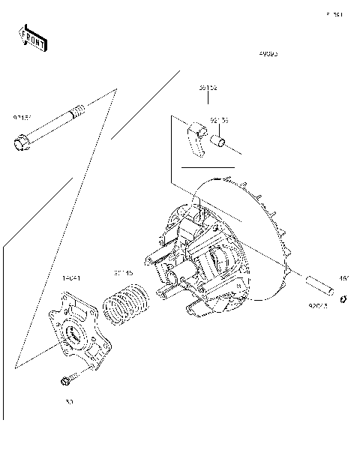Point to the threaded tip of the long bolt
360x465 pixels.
click(77, 114)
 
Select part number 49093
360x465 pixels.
click(268, 54)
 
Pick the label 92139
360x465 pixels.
click(219, 120)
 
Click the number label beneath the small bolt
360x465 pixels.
click(69, 402)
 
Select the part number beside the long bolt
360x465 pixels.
click(21, 118)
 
